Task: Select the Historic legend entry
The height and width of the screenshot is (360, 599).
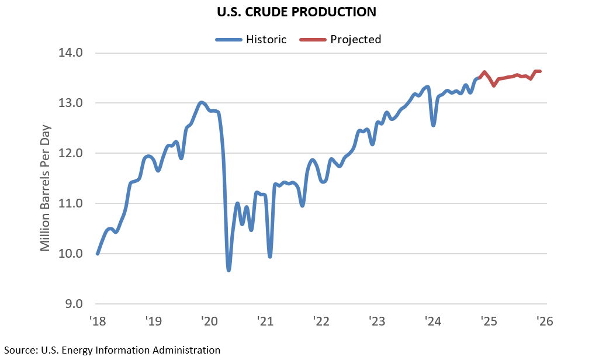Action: pyautogui.click(x=252, y=40)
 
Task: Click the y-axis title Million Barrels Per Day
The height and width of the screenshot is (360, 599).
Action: pyautogui.click(x=46, y=188)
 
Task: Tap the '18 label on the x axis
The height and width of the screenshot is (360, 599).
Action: pyautogui.click(x=96, y=321)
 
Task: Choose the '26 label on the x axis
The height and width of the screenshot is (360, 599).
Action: pyautogui.click(x=545, y=321)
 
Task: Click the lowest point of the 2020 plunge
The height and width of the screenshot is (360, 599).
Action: pyautogui.click(x=228, y=270)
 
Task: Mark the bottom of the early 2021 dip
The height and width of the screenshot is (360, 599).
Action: pyautogui.click(x=269, y=257)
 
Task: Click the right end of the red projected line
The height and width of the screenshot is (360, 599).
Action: pyautogui.click(x=541, y=71)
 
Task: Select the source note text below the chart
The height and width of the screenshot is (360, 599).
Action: pyautogui.click(x=110, y=350)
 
